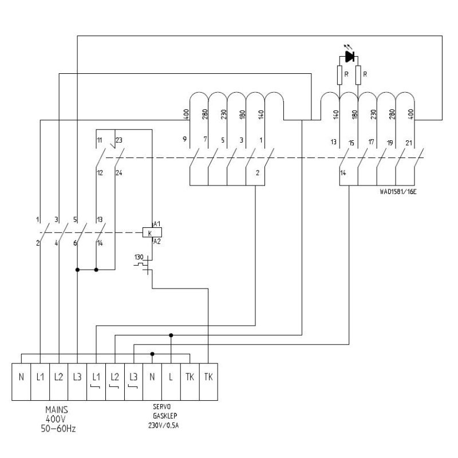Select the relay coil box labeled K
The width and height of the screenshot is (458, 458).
pyautogui.click(x=149, y=232)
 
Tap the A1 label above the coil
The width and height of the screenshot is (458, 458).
pyautogui.click(x=157, y=223)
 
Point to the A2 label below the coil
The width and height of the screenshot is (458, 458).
pyautogui.click(x=157, y=242)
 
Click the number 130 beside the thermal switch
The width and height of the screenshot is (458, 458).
pyautogui.click(x=139, y=256)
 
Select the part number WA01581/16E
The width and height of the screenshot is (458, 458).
pyautogui.click(x=397, y=191)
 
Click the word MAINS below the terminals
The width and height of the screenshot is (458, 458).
pyautogui.click(x=57, y=410)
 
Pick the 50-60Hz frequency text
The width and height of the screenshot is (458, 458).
pyautogui.click(x=57, y=428)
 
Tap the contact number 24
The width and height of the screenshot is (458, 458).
pyautogui.click(x=119, y=173)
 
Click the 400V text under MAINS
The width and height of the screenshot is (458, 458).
pyautogui.click(x=57, y=419)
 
